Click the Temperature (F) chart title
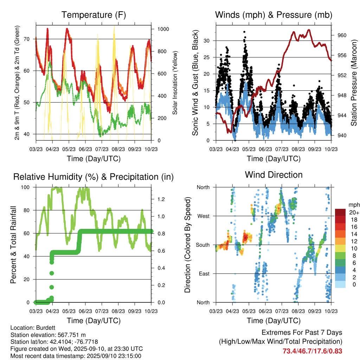tap(94, 15)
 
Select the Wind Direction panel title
tap(274, 175)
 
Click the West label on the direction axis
tap(203, 216)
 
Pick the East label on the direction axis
tap(204, 274)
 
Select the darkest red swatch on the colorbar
tap(340, 212)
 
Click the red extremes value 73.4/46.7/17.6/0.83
tap(312, 351)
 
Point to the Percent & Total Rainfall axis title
tap(13, 245)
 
